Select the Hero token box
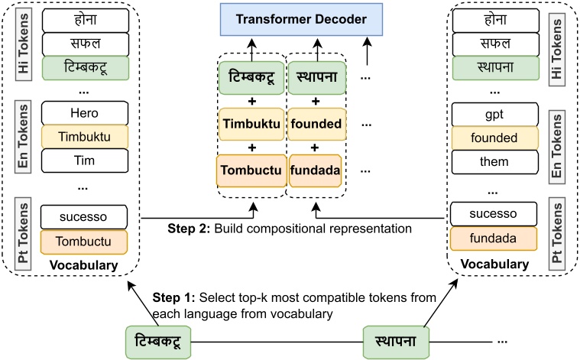(83, 112)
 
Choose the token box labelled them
(494, 163)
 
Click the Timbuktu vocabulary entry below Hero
(83, 136)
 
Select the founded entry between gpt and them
(494, 138)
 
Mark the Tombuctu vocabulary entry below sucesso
(83, 242)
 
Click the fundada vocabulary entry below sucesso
(494, 239)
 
